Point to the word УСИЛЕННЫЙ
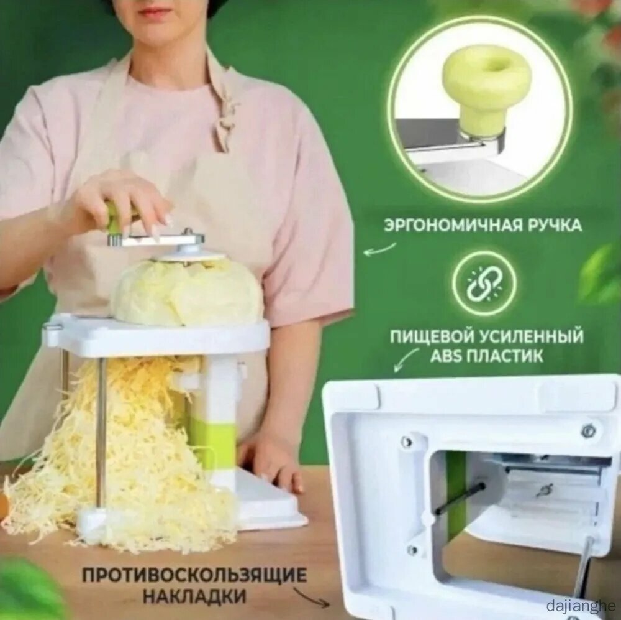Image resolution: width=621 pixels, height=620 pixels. click(x=531, y=337)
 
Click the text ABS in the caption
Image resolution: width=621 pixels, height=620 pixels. click(x=446, y=356)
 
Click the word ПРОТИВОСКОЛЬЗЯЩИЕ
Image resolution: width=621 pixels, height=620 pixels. click(x=194, y=575)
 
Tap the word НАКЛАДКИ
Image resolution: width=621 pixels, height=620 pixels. click(x=194, y=596)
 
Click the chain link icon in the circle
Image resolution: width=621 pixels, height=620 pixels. click(x=484, y=284)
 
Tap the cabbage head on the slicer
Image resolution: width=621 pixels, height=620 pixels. click(x=186, y=292)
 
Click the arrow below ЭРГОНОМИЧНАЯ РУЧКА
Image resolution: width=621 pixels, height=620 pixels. click(x=379, y=250)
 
